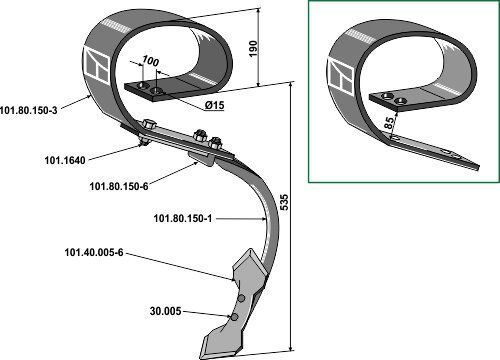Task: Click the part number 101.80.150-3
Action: (29, 110)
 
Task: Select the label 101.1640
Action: (65, 160)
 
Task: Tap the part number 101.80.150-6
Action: (119, 186)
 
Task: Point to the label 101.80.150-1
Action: (183, 218)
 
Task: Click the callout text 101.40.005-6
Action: (94, 252)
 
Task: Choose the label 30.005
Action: (166, 311)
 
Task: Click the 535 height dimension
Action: (284, 202)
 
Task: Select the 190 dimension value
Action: (253, 49)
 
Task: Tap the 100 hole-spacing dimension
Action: (150, 61)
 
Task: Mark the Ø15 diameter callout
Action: (214, 105)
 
